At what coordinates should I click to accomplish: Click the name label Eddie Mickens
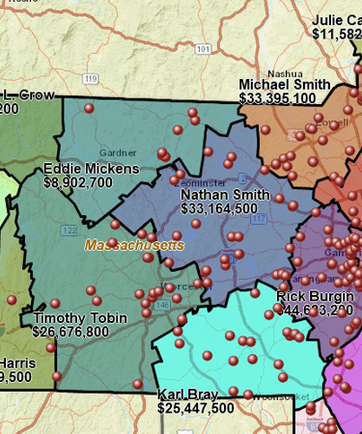[91, 170]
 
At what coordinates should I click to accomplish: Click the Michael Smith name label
[285, 85]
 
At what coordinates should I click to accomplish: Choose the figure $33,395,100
[278, 98]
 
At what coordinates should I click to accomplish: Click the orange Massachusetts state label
[133, 245]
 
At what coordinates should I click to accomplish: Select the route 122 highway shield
[69, 231]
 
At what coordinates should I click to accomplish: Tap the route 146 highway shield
[164, 305]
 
